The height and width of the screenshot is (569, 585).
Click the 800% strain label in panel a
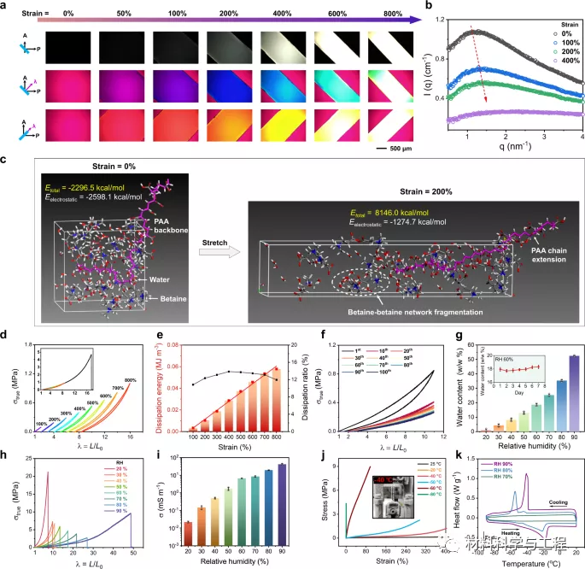[386, 13]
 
